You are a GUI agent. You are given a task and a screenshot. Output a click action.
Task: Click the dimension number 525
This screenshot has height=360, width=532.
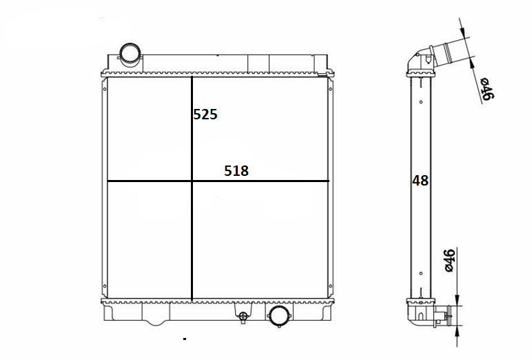(205, 114)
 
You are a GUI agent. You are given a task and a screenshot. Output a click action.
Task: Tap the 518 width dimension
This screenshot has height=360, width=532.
(236, 171)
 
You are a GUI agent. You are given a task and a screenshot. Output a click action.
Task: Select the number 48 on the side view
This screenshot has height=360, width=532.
(420, 181)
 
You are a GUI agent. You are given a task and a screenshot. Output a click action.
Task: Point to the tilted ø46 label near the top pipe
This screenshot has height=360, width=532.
(488, 89)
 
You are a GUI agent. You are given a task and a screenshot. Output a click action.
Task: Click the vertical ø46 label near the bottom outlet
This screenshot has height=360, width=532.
(449, 261)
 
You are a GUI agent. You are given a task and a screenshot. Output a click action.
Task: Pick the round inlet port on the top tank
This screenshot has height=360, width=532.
(130, 55)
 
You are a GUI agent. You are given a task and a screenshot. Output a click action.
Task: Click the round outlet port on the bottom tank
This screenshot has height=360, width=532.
(279, 316)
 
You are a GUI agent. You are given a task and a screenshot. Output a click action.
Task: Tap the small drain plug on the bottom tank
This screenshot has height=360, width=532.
(243, 317)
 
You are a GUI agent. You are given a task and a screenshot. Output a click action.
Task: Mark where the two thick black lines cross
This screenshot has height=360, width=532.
(192, 181)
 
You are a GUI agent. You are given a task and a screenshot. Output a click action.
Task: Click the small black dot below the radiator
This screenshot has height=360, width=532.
(185, 339)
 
